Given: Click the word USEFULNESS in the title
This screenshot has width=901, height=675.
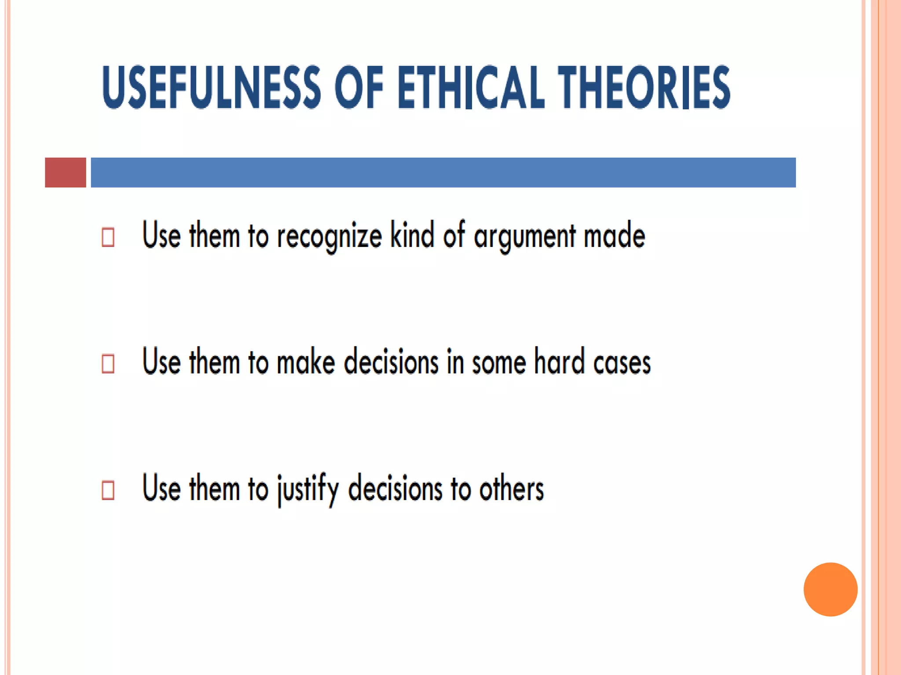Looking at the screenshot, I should click(211, 87).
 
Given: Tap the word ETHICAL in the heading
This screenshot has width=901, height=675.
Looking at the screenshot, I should click(471, 87).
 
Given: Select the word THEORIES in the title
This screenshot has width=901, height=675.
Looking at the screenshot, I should click(644, 87).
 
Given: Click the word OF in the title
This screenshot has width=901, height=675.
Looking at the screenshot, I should click(359, 87).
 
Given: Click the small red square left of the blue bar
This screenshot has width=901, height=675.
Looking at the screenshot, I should click(66, 172).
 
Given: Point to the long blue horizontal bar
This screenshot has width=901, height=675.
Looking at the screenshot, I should click(443, 172).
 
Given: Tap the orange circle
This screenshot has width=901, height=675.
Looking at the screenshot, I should click(830, 589).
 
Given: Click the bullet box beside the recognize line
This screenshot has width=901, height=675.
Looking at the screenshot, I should click(108, 237).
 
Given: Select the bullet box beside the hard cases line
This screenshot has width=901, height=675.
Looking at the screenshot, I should click(108, 363).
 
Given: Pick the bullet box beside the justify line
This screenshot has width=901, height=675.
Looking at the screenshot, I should click(108, 490).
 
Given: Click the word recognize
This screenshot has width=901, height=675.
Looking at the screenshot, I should click(329, 236).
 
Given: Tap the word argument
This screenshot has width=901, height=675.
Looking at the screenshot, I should click(524, 236).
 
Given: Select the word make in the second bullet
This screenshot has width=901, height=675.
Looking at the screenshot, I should click(306, 362).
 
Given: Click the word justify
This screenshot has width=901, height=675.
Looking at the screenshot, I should click(308, 489).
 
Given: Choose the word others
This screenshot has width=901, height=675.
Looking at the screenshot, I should click(511, 489).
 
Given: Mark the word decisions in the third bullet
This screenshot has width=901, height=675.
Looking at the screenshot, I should click(395, 489).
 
